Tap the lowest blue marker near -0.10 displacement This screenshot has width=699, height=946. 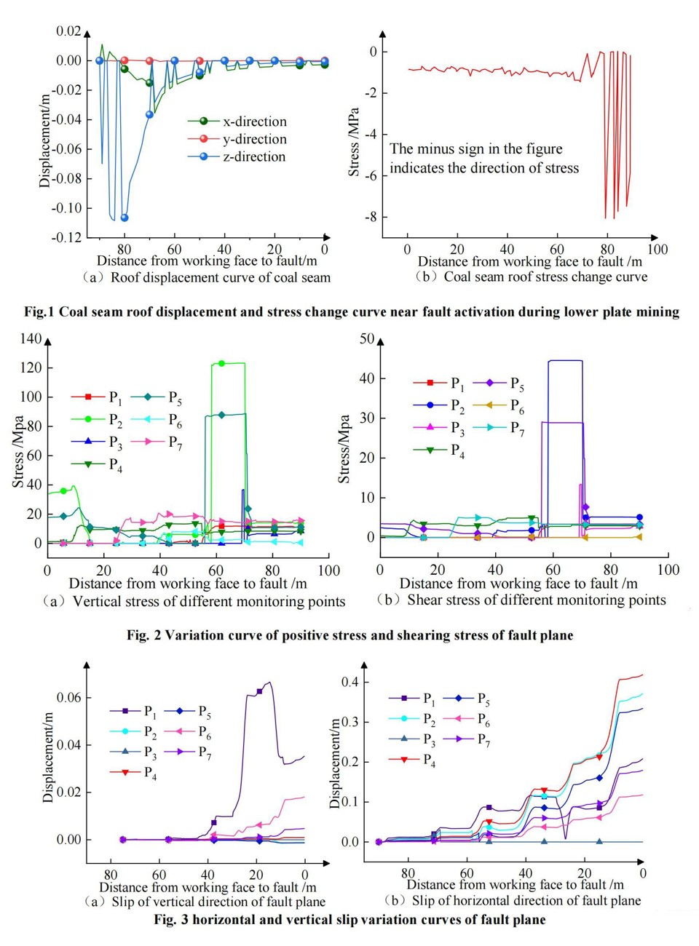[x=125, y=218]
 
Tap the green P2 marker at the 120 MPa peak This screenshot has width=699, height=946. [x=221, y=363]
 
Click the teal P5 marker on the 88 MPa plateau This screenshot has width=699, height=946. [x=221, y=415]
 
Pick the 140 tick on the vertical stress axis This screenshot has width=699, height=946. [x=31, y=338]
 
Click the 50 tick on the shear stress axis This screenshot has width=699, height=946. [x=367, y=339]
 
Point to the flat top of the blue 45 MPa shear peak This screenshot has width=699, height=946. [x=565, y=360]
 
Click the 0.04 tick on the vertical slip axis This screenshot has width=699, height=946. [x=69, y=745]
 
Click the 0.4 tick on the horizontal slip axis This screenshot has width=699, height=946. [x=350, y=682]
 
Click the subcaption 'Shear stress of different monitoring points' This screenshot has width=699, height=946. [x=536, y=600]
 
